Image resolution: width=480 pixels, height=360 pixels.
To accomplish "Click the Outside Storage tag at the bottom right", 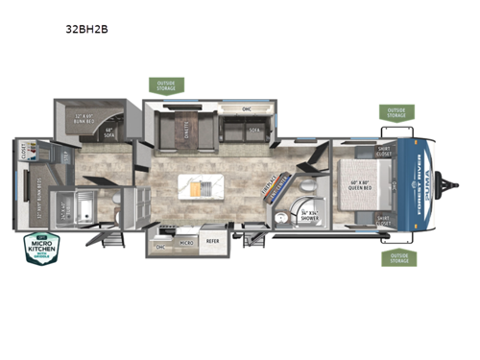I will coord(398,257).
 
